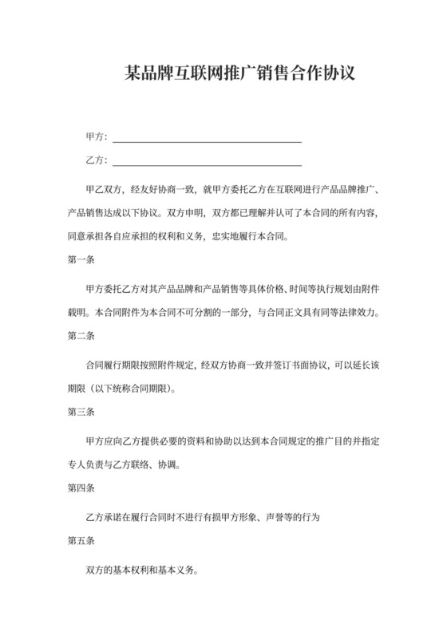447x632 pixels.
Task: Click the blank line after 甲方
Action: [207, 140]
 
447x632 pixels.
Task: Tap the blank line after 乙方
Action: [207, 164]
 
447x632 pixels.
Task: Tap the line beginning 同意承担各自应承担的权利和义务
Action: [176, 236]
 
